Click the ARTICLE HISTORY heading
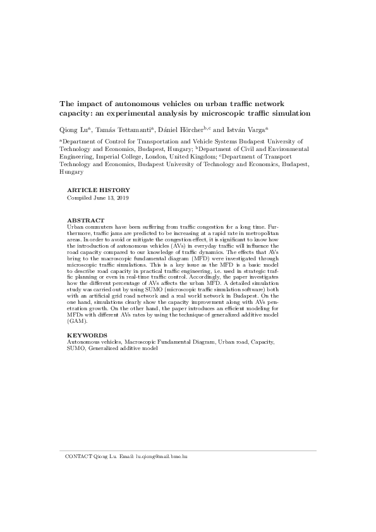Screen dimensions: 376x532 click(x=98, y=190)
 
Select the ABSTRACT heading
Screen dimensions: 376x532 click(x=85, y=238)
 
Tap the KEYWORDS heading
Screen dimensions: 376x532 click(x=87, y=334)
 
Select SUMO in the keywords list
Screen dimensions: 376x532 click(x=76, y=348)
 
